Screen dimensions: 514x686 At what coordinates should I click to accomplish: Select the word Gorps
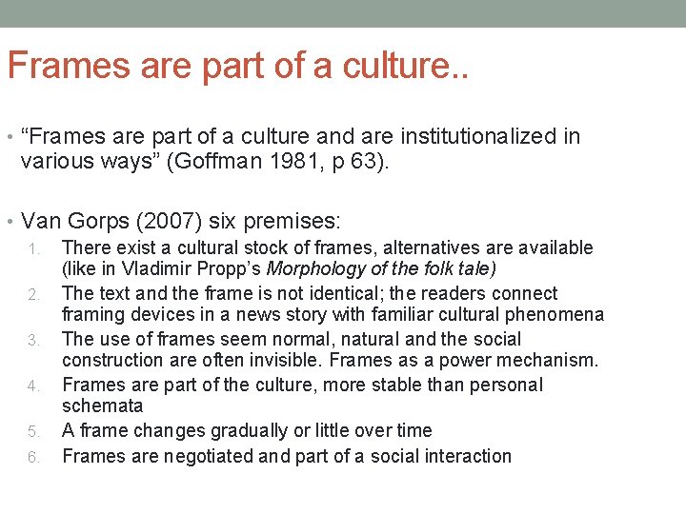tap(91, 222)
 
